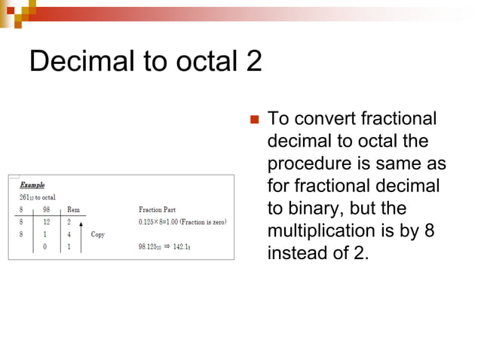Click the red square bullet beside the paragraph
(254, 120)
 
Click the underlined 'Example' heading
(32, 184)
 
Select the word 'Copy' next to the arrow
(97, 234)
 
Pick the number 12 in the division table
(47, 221)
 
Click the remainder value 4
(69, 234)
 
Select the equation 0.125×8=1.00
(162, 221)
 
